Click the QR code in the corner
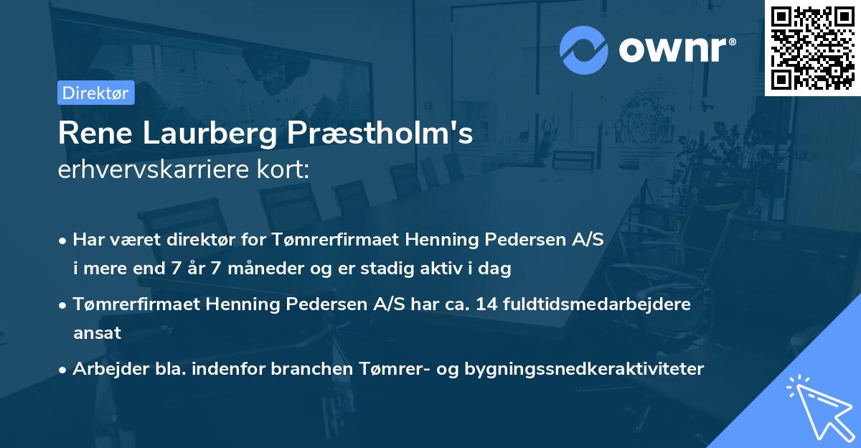coord(812,47)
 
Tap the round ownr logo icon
coord(584,50)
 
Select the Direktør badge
coord(96,93)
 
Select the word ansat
coord(97,332)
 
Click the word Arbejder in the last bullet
coord(105,368)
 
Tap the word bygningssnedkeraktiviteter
coord(584,368)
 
